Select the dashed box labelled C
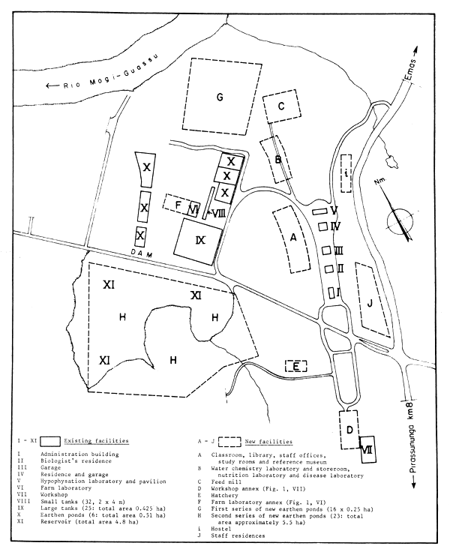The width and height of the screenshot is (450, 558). [x=280, y=107]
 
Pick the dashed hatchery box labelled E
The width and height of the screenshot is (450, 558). [x=297, y=366]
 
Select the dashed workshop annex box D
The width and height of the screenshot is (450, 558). [x=349, y=429]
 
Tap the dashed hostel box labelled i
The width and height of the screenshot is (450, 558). [x=346, y=173]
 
